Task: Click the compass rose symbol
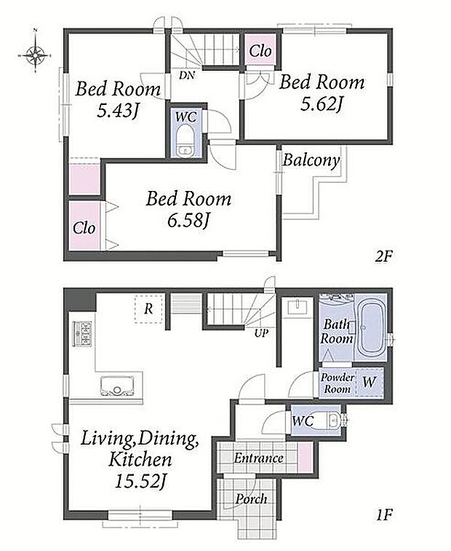tap(36, 55)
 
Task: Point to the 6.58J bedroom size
tap(188, 221)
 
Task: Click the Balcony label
tap(311, 160)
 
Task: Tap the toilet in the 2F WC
tap(185, 141)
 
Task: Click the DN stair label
tap(186, 75)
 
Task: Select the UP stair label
tap(261, 333)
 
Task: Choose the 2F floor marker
tap(383, 256)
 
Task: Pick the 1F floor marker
tap(383, 515)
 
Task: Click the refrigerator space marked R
tap(148, 309)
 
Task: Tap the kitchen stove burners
tap(82, 334)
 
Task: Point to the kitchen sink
tap(117, 386)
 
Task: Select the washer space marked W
tap(370, 382)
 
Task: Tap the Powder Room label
tap(337, 383)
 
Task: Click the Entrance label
tap(259, 458)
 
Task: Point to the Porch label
tap(251, 499)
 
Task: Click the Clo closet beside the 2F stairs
tap(260, 51)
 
